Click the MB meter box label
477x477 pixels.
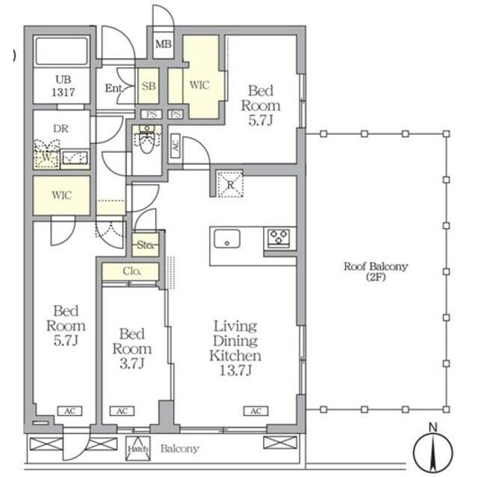coord(163,45)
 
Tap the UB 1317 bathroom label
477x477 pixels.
coord(63,86)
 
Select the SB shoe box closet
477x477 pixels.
coord(148,86)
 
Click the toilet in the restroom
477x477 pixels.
coord(147,140)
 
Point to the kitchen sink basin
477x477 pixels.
coord(227,238)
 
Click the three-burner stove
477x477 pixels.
coord(279,238)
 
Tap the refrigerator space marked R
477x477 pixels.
coord(230,184)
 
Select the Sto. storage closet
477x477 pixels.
coord(145,244)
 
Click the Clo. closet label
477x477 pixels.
coord(132,271)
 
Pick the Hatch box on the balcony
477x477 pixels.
coord(138,449)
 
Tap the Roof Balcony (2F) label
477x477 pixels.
coord(376,271)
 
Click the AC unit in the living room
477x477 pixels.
coord(256,411)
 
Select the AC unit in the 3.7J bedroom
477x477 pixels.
coord(122,411)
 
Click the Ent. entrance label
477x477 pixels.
coord(114,88)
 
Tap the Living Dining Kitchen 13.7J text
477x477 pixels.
coord(236,348)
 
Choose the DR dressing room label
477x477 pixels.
coord(60,129)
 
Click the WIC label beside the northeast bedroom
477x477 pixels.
coord(200,84)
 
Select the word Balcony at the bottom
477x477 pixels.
coord(180,449)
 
